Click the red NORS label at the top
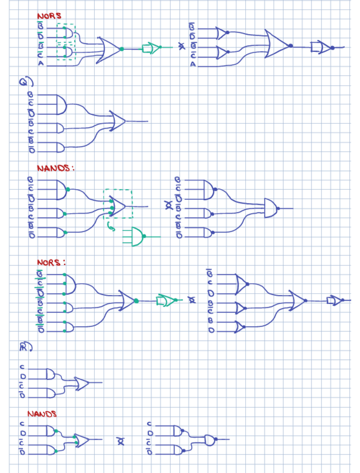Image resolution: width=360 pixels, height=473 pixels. pos(48,16)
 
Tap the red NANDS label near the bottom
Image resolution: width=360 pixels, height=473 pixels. pos(42,414)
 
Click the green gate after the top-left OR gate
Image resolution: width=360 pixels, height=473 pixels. pos(150,49)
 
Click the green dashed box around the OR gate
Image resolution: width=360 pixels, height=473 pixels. pos(118,204)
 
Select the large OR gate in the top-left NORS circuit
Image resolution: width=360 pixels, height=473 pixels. pos(109,49)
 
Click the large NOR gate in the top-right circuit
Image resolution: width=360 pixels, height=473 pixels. pos(277,45)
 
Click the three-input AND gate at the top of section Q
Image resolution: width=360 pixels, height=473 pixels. pos(56,104)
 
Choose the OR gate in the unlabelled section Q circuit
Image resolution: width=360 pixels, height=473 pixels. pos(118,121)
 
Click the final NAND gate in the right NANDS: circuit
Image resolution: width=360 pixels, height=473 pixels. pos(271,208)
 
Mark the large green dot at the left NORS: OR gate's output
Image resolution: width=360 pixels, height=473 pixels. pos(136,301)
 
